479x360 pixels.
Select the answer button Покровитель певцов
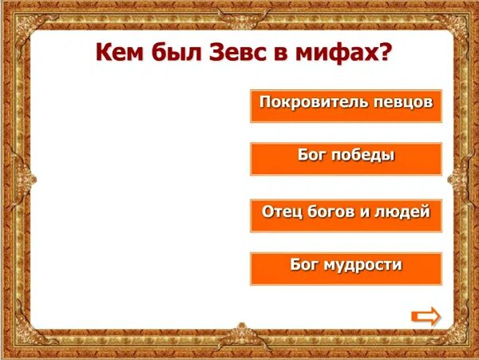[346, 105]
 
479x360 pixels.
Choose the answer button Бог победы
[346, 159]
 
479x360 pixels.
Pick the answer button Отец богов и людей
[346, 215]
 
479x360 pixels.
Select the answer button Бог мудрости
[346, 268]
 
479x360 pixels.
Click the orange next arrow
[426, 316]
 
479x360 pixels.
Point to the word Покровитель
[311, 102]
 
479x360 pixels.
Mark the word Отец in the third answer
[280, 212]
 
